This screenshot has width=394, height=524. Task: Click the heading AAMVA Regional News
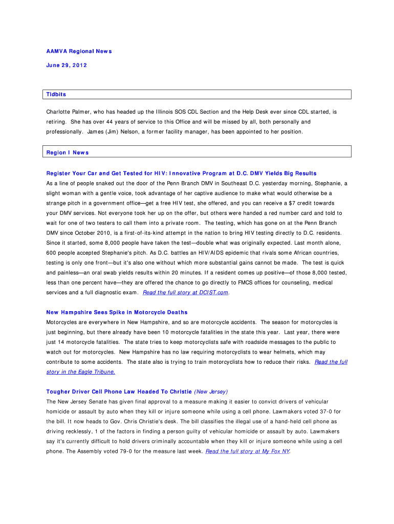click(79, 51)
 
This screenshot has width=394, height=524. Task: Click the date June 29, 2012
click(67, 65)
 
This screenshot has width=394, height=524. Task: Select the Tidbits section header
click(56, 95)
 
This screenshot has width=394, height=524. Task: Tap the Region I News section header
click(68, 152)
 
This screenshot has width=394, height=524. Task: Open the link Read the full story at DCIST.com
click(186, 293)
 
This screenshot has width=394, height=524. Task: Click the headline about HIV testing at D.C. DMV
click(181, 173)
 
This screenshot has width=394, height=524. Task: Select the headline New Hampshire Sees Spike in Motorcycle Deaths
click(117, 312)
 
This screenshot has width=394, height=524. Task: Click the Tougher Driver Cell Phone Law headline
click(119, 391)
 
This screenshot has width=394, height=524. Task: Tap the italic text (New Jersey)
click(211, 391)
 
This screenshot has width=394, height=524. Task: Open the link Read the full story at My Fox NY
click(247, 451)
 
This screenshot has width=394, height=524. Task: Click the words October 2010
click(85, 233)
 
